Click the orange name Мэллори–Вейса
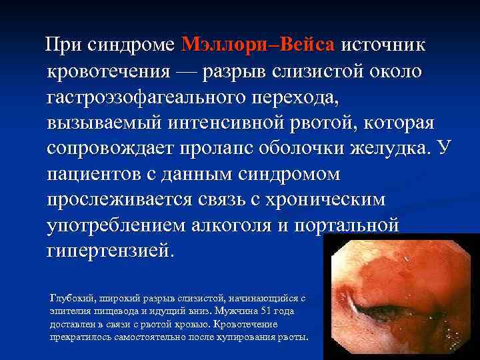[x=257, y=45]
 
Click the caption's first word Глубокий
[x=69, y=298]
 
